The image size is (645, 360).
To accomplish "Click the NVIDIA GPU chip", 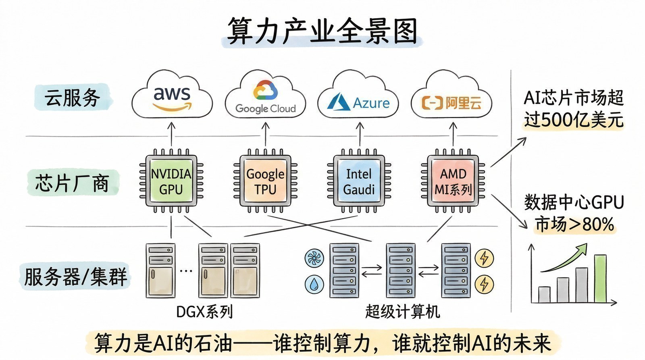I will click(171, 181).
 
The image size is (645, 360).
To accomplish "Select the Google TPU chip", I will click(265, 182).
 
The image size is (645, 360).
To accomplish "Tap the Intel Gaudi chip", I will click(359, 182).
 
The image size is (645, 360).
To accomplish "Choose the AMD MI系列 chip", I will click(453, 182).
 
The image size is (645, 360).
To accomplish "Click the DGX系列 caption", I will click(204, 312).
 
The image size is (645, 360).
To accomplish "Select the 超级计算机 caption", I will click(402, 312).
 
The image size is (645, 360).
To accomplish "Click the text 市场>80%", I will click(574, 224).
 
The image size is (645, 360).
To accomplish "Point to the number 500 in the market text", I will click(556, 120).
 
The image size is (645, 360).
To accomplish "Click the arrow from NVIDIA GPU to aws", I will click(171, 135).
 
